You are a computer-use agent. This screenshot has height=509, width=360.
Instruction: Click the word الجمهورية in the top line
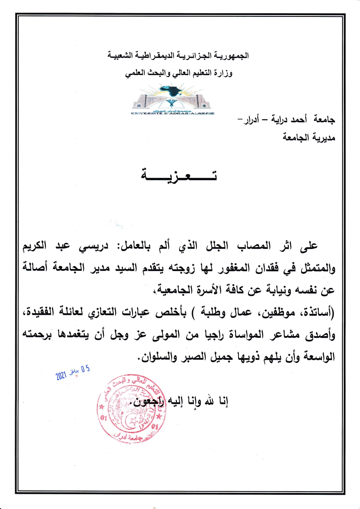coord(231,55)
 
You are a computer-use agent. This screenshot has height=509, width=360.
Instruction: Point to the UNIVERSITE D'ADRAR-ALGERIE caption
coord(172,113)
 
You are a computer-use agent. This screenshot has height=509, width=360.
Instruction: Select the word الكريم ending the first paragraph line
coord(35,246)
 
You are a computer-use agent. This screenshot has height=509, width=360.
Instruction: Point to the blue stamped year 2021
coord(61,376)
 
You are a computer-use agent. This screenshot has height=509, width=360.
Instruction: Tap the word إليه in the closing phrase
coord(176,401)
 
